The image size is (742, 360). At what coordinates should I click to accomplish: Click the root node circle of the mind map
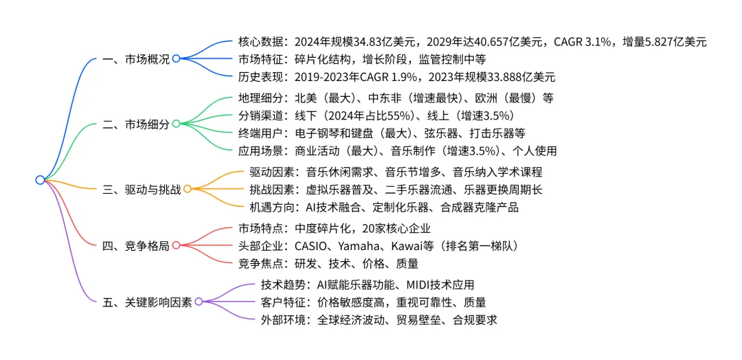tap(40, 180)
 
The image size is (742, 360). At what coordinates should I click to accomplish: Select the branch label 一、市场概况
tap(135, 59)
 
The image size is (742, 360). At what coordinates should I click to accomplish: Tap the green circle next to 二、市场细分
tap(176, 124)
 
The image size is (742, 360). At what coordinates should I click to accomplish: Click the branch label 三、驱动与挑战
tap(141, 188)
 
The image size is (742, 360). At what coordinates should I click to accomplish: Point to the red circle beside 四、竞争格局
tap(176, 245)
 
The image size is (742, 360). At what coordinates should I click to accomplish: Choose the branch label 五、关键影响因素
tap(146, 302)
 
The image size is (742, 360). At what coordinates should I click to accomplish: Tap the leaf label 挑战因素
tap(271, 189)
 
